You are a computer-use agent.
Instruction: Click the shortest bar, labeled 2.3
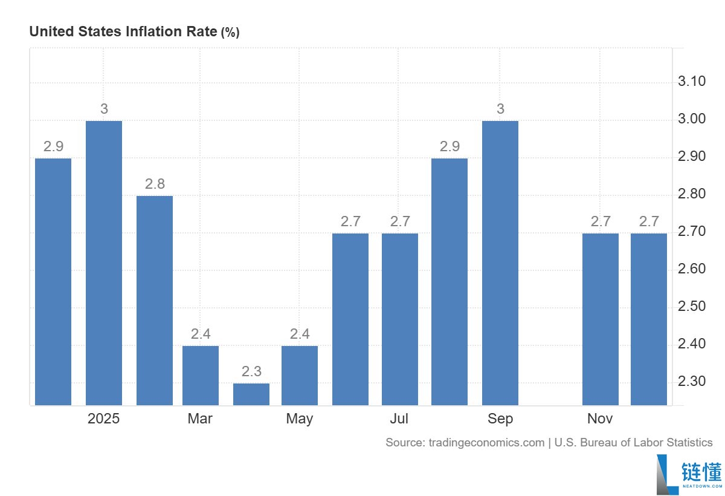tap(251, 394)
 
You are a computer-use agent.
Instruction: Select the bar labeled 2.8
tap(155, 301)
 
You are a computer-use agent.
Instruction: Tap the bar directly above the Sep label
tap(500, 263)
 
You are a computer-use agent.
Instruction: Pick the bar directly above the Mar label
tap(201, 376)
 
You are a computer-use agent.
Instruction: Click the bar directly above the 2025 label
tap(104, 263)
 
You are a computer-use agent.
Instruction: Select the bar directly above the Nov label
tap(601, 319)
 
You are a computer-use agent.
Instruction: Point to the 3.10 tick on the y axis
tap(692, 81)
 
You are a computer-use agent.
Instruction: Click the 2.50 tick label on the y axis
tap(692, 307)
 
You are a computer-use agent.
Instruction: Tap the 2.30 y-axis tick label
tap(692, 381)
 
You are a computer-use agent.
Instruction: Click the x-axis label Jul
tap(399, 419)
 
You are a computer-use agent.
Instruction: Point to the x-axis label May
tap(300, 419)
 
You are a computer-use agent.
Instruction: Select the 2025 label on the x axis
tap(103, 419)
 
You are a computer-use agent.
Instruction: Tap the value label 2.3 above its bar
tap(251, 371)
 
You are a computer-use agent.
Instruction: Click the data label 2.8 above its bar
tap(155, 184)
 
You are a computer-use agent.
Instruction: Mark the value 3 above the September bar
tap(500, 109)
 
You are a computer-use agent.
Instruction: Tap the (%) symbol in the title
tap(230, 33)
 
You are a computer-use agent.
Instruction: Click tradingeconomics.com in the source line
tap(486, 443)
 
